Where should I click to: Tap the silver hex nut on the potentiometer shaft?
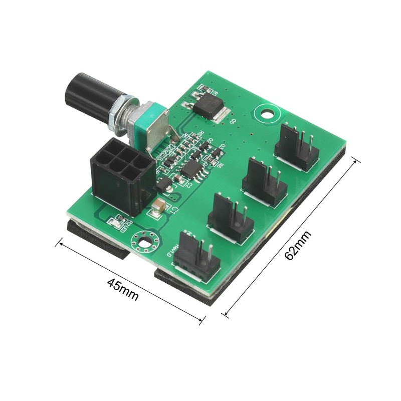click(122, 115)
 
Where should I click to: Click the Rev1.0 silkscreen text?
click(173, 252)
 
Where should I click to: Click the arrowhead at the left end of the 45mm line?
click(58, 243)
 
